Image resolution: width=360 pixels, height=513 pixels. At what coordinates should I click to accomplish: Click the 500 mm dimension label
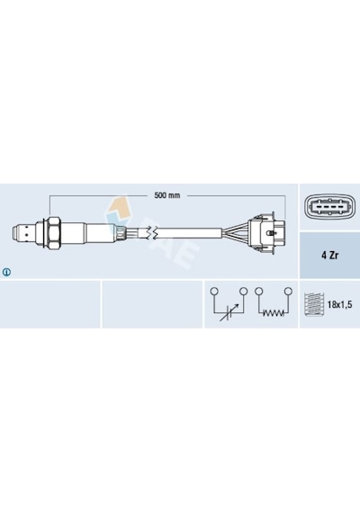pyautogui.click(x=166, y=195)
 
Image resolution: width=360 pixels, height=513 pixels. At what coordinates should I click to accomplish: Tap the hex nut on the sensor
pyautogui.click(x=52, y=232)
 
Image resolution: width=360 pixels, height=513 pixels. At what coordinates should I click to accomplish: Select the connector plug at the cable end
pyautogui.click(x=267, y=232)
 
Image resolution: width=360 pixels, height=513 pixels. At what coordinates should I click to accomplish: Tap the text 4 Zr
pyautogui.click(x=329, y=256)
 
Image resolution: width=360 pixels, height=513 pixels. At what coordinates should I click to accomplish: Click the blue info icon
pyautogui.click(x=6, y=272)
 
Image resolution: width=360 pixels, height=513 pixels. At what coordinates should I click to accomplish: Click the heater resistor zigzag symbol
pyautogui.click(x=274, y=313)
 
